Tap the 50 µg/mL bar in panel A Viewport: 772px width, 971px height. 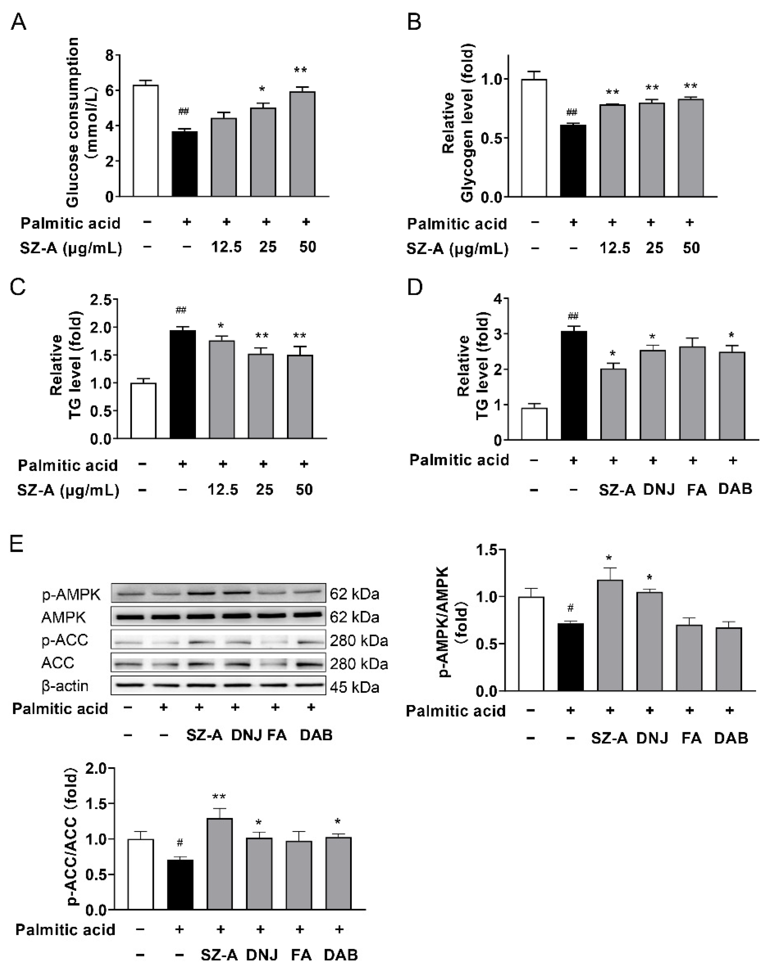(302, 144)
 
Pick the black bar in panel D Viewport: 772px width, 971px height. (574, 385)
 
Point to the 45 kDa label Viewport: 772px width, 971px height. (354, 687)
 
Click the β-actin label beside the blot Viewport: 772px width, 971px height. (65, 686)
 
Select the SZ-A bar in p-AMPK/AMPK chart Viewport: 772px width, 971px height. (610, 635)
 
